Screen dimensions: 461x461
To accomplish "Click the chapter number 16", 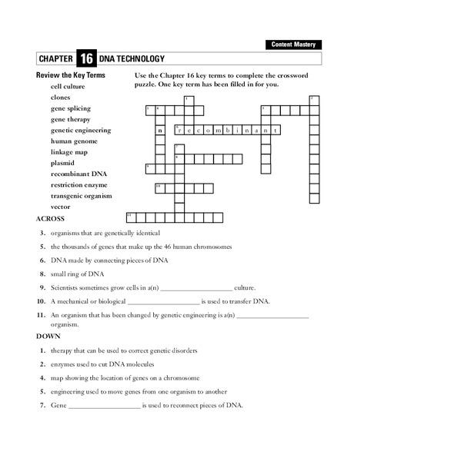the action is (86, 59).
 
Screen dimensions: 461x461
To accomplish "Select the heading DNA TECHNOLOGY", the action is (132, 59).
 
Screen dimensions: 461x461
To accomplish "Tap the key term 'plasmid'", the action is (62, 163).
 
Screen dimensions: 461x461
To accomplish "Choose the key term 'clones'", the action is (61, 98).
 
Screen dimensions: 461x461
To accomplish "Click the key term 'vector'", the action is (61, 207).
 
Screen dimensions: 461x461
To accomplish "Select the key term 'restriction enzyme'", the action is (79, 185).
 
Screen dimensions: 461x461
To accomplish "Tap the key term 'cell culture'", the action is (68, 87).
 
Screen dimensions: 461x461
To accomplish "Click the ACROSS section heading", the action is (51, 218).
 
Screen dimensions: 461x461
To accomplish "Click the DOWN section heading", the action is (48, 336).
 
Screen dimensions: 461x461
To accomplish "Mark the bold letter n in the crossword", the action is (160, 131).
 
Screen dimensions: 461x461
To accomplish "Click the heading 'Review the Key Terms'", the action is (71, 75).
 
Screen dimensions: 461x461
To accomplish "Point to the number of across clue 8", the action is (43, 274).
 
